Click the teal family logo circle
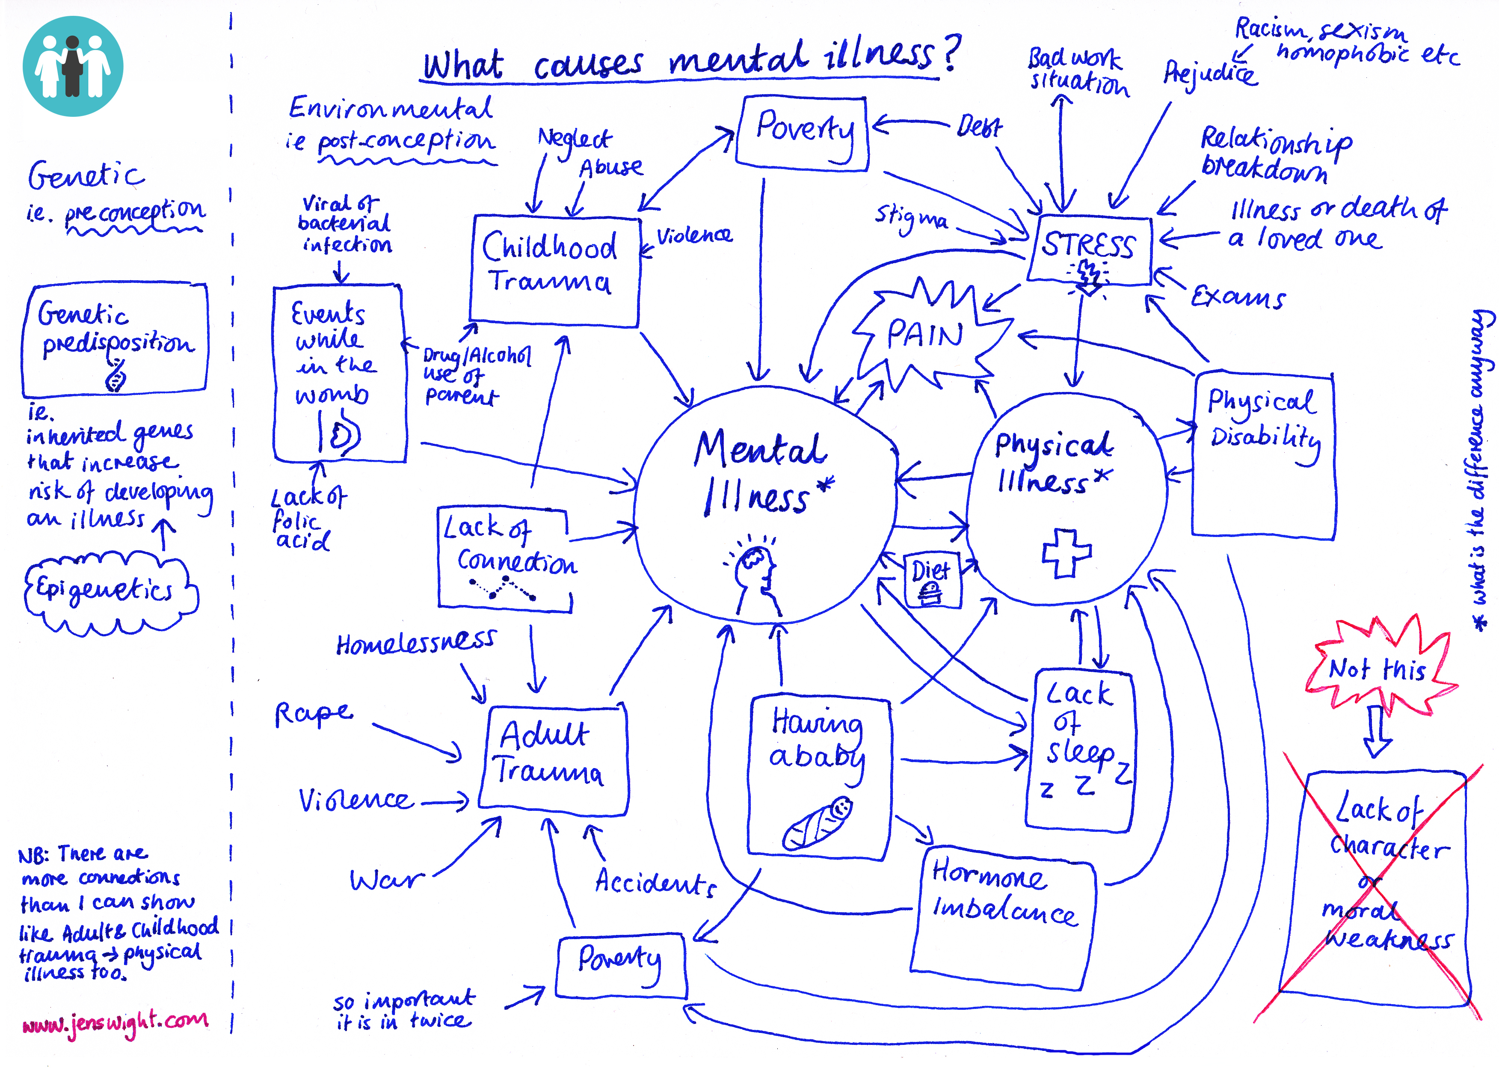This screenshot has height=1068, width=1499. coord(72,66)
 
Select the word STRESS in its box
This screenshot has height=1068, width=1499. coord(1088,245)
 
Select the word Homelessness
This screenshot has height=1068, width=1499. coord(415,643)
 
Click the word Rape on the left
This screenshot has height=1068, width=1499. coord(313,714)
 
